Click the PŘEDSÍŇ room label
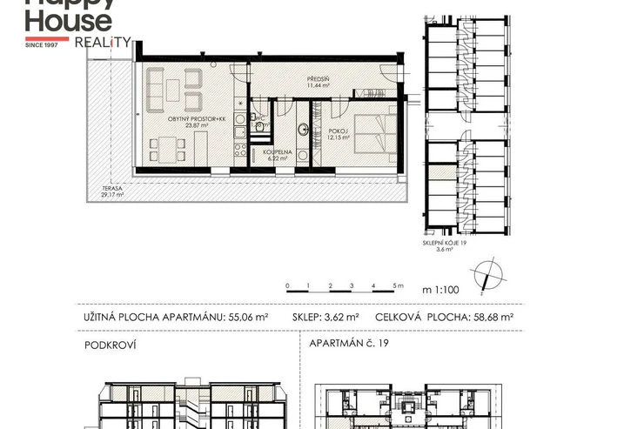point(319,79)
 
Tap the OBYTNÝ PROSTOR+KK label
point(197,119)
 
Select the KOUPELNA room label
point(278,152)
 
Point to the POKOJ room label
point(339,131)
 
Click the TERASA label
point(112,189)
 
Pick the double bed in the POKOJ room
point(375,134)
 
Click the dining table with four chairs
point(167,150)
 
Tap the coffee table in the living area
point(173,90)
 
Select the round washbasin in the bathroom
point(304,130)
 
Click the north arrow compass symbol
point(487,276)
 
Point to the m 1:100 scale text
point(440,290)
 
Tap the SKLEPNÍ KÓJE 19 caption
point(445,243)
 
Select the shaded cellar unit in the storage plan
point(442,172)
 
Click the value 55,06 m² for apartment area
point(248,318)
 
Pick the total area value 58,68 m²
point(493,318)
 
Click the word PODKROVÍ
point(110,345)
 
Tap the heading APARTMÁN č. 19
point(349,343)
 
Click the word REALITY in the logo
point(103,43)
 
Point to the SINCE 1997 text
point(42,45)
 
